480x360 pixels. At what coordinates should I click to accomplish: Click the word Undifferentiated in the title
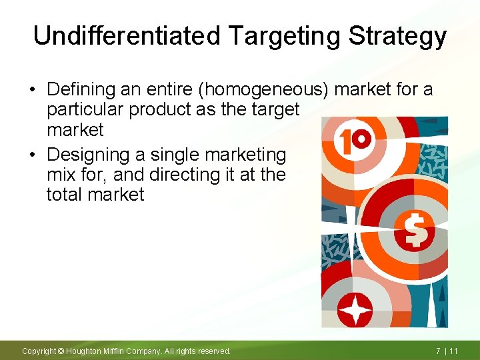[126, 36]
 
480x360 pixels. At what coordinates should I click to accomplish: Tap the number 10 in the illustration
[354, 139]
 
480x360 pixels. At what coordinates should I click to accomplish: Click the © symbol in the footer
[60, 351]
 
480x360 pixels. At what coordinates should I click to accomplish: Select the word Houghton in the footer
[85, 351]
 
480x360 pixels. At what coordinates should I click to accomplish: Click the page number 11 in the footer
[453, 351]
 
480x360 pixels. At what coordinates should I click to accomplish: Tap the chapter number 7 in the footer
[438, 351]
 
